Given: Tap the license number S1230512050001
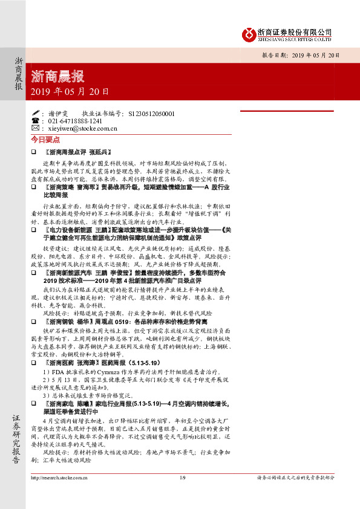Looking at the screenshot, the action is click(x=151, y=113).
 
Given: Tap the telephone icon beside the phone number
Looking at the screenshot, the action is click(x=34, y=121).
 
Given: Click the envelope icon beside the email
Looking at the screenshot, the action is click(x=34, y=129).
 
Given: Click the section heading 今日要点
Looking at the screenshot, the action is click(x=42, y=139).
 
